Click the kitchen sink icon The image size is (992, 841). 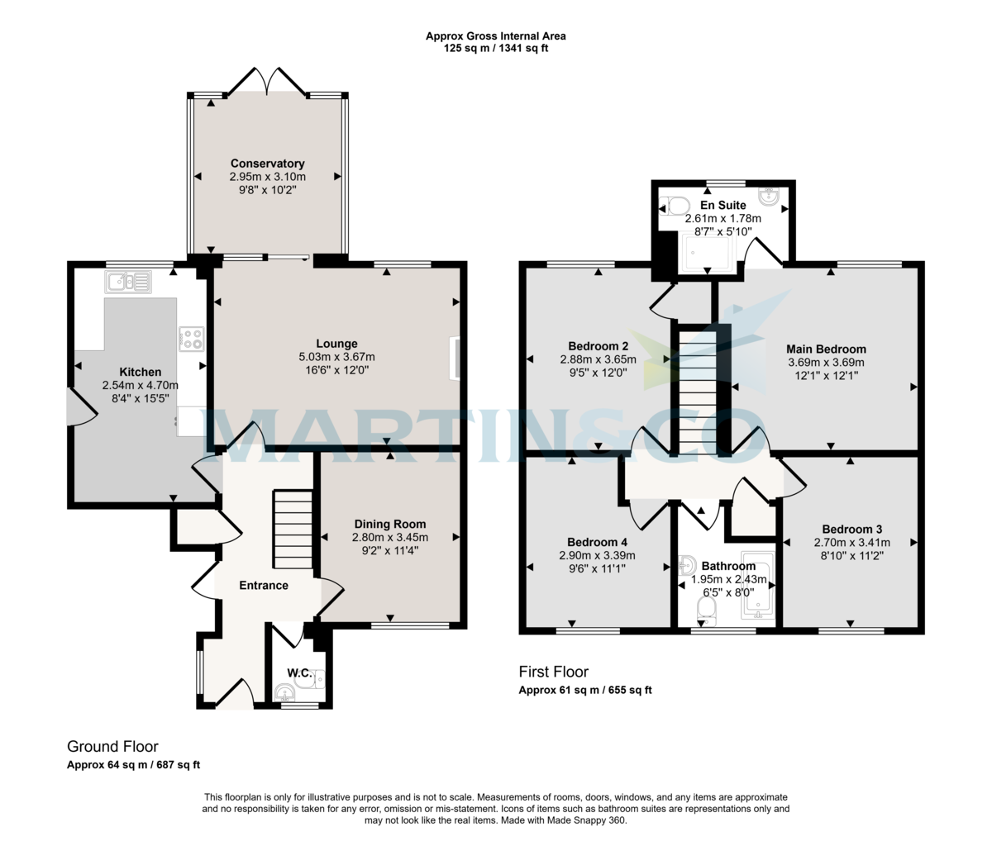pyautogui.click(x=128, y=282)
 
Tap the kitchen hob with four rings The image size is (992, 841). pyautogui.click(x=192, y=339)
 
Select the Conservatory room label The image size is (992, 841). pyautogui.click(x=267, y=164)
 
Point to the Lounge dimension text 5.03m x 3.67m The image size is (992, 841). pyautogui.click(x=337, y=357)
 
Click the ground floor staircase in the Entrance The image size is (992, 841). pyautogui.click(x=293, y=529)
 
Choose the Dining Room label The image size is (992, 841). pyautogui.click(x=390, y=524)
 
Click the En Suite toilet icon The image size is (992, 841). pyautogui.click(x=674, y=207)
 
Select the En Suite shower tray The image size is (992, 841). pyautogui.click(x=708, y=252)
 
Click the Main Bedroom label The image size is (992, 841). pyautogui.click(x=826, y=349)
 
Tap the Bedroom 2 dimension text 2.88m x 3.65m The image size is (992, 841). pyautogui.click(x=598, y=359)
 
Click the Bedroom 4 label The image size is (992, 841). pyautogui.click(x=597, y=542)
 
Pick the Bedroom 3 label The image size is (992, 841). pyautogui.click(x=851, y=530)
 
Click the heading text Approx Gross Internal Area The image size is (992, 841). pyautogui.click(x=496, y=36)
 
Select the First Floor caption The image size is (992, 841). pyautogui.click(x=553, y=672)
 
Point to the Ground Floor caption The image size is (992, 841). pyautogui.click(x=112, y=747)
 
